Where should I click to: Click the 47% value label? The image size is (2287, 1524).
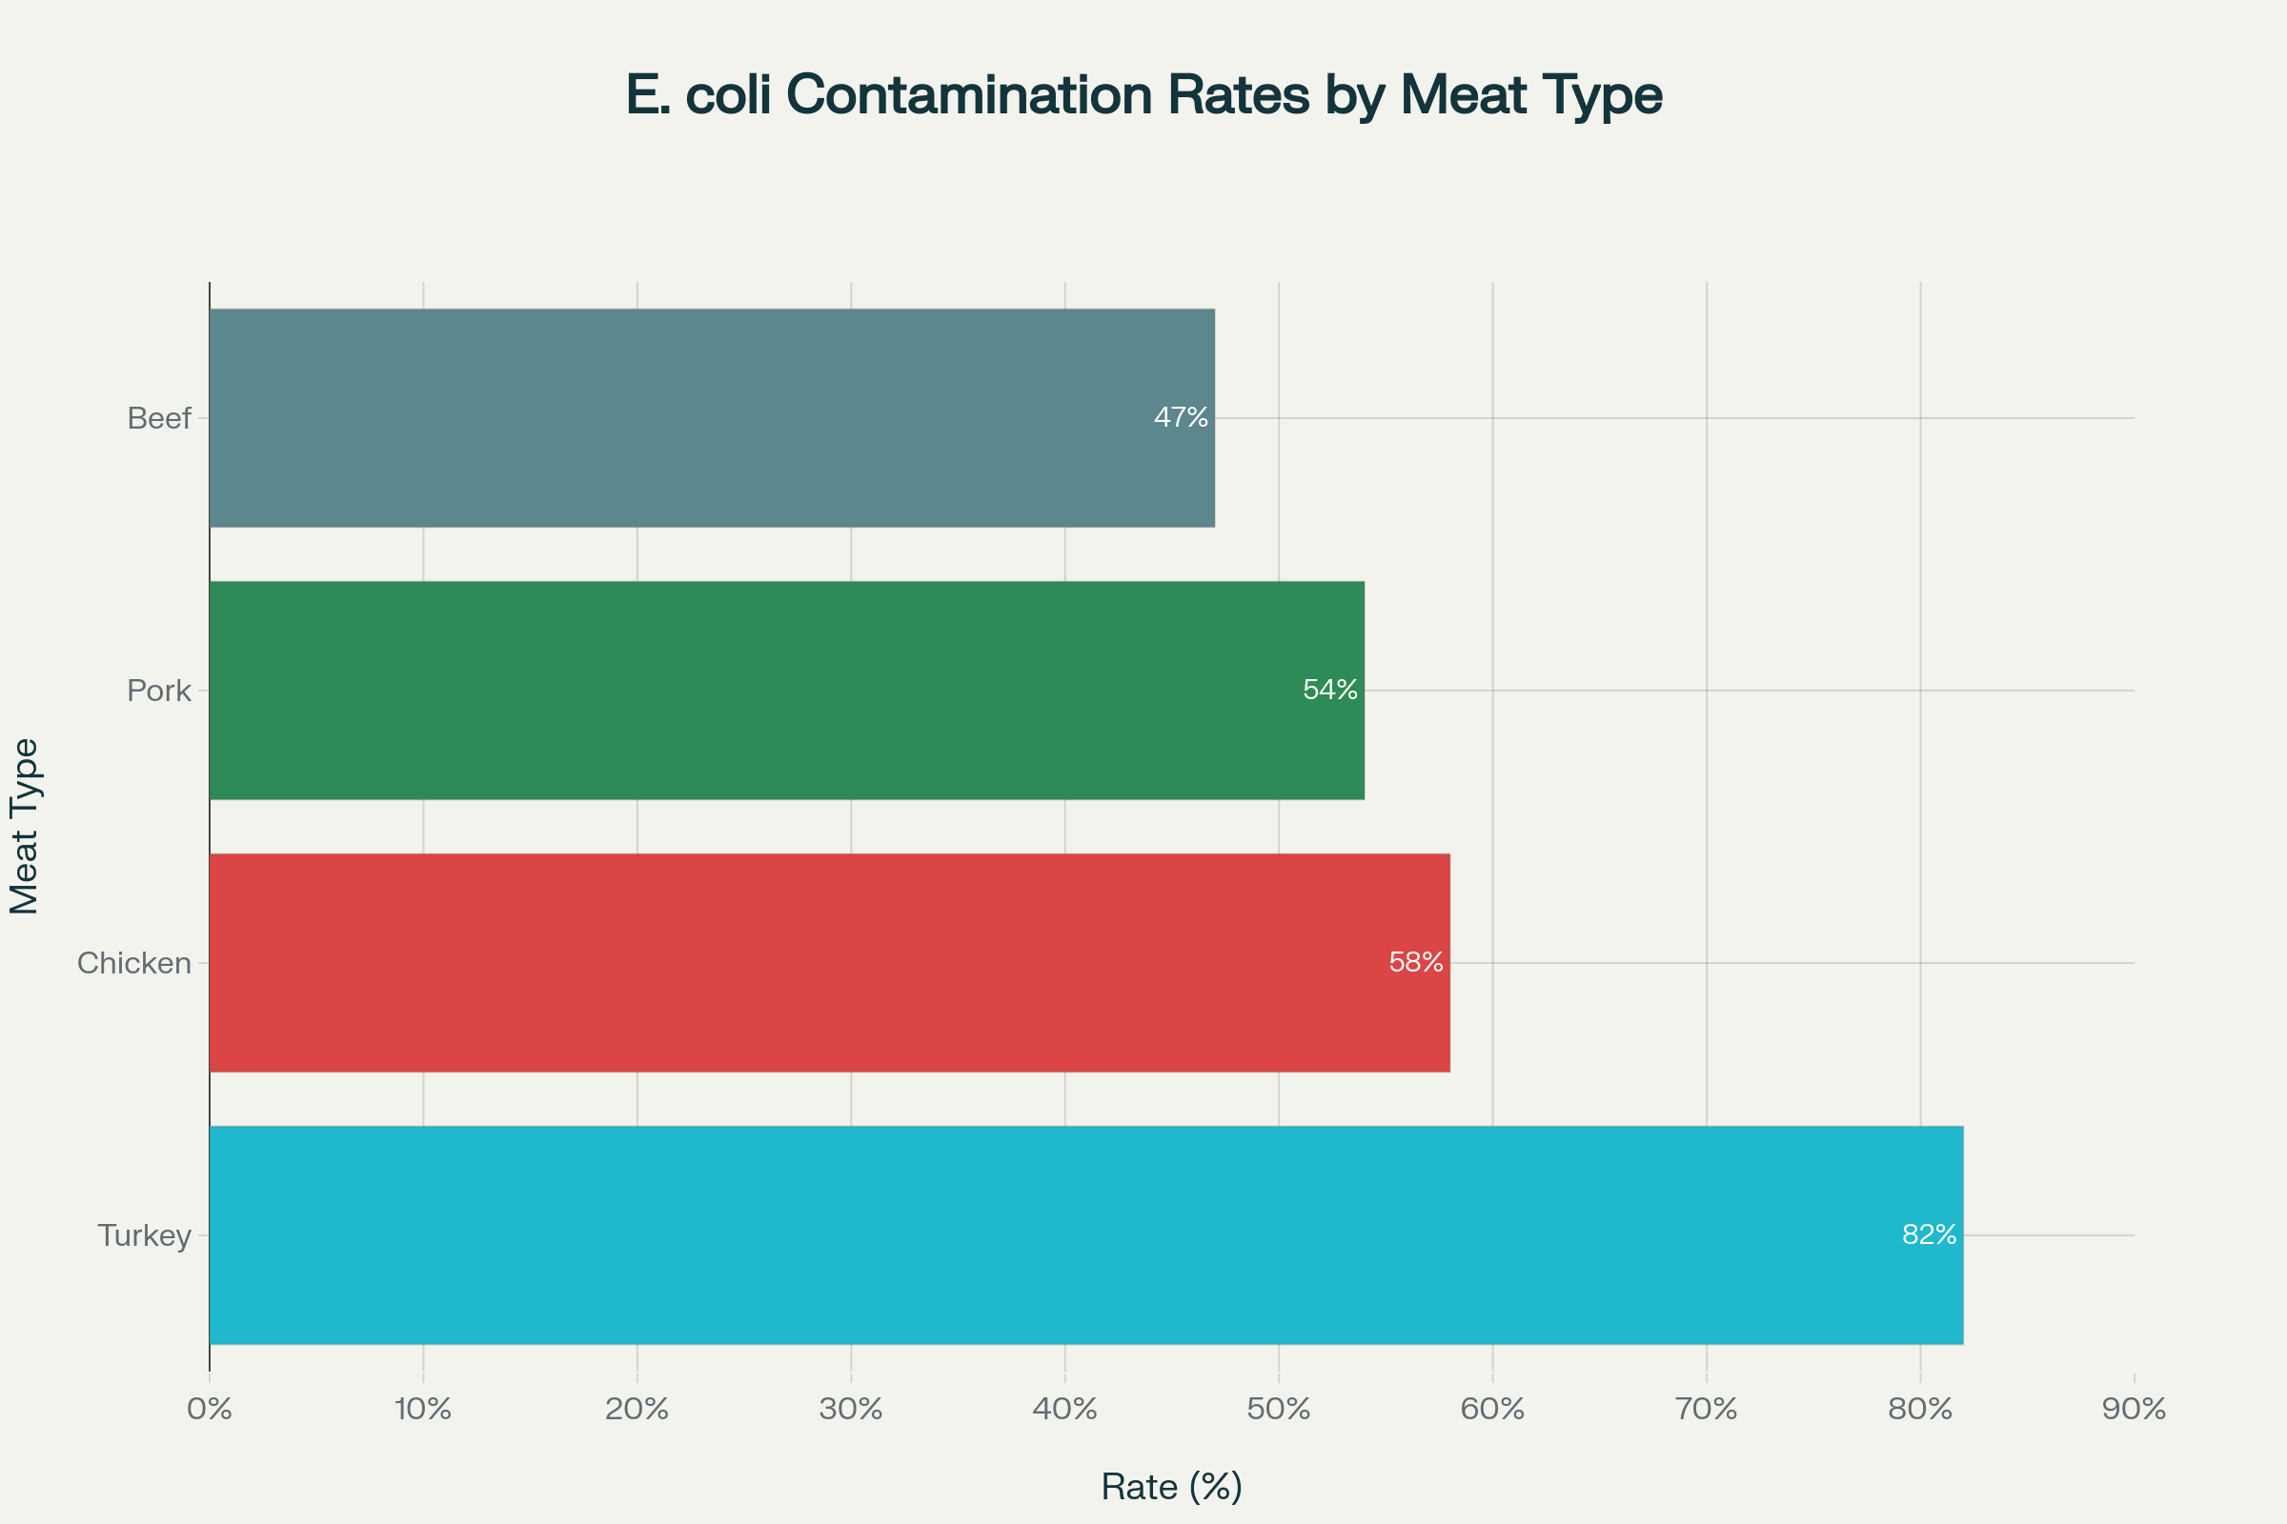click(x=1181, y=418)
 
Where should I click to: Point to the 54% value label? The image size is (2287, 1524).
click(x=1329, y=690)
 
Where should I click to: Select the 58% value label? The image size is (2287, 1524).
click(x=1416, y=963)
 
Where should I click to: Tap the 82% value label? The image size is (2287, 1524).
click(x=1929, y=1235)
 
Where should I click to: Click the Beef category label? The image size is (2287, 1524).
click(x=158, y=419)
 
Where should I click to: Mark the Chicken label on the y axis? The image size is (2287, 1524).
click(x=134, y=963)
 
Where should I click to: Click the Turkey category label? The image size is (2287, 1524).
click(x=144, y=1236)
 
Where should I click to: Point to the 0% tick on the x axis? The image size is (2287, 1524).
click(x=209, y=1410)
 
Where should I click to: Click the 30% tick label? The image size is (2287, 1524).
click(x=851, y=1410)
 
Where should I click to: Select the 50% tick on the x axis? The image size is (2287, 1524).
click(x=1279, y=1410)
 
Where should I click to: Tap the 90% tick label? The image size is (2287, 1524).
click(x=2135, y=1410)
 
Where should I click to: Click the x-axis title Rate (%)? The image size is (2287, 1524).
click(x=1172, y=1487)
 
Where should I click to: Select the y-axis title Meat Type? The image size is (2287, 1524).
click(x=25, y=826)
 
